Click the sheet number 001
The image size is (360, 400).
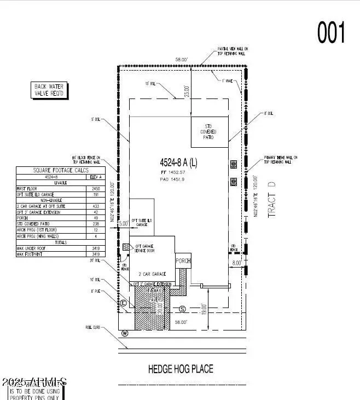point(332,32)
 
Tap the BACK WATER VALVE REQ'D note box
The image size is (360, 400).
point(49,90)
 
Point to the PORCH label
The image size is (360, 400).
point(183,261)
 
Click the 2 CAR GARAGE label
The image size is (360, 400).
point(153,274)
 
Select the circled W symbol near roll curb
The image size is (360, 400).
point(124,332)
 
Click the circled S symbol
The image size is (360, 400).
point(183,309)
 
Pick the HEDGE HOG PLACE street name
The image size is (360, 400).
point(181,369)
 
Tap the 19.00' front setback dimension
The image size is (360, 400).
point(204,309)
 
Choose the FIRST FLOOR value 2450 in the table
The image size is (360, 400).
point(96,188)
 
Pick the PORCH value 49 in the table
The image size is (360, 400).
point(96,217)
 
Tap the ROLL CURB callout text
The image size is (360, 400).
point(92,327)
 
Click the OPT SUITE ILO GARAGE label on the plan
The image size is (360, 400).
point(142,222)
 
